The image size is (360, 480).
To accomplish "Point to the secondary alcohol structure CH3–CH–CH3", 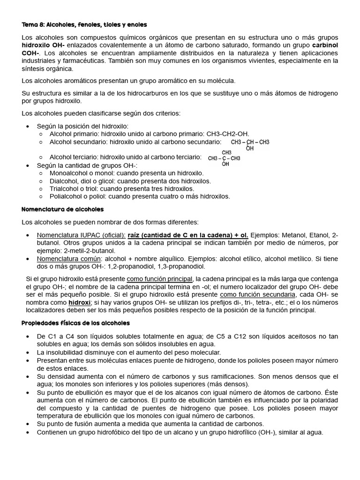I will pyautogui.click(x=250, y=142).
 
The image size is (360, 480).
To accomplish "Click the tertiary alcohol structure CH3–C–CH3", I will pyautogui.click(x=224, y=158).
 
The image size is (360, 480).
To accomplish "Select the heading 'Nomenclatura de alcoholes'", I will pyautogui.click(x=63, y=209).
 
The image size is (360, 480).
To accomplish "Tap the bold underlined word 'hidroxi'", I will pyautogui.click(x=80, y=303).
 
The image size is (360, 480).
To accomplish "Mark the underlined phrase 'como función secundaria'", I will pyautogui.click(x=257, y=294).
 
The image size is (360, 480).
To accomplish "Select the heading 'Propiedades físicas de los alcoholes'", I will pyautogui.click(x=76, y=323).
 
